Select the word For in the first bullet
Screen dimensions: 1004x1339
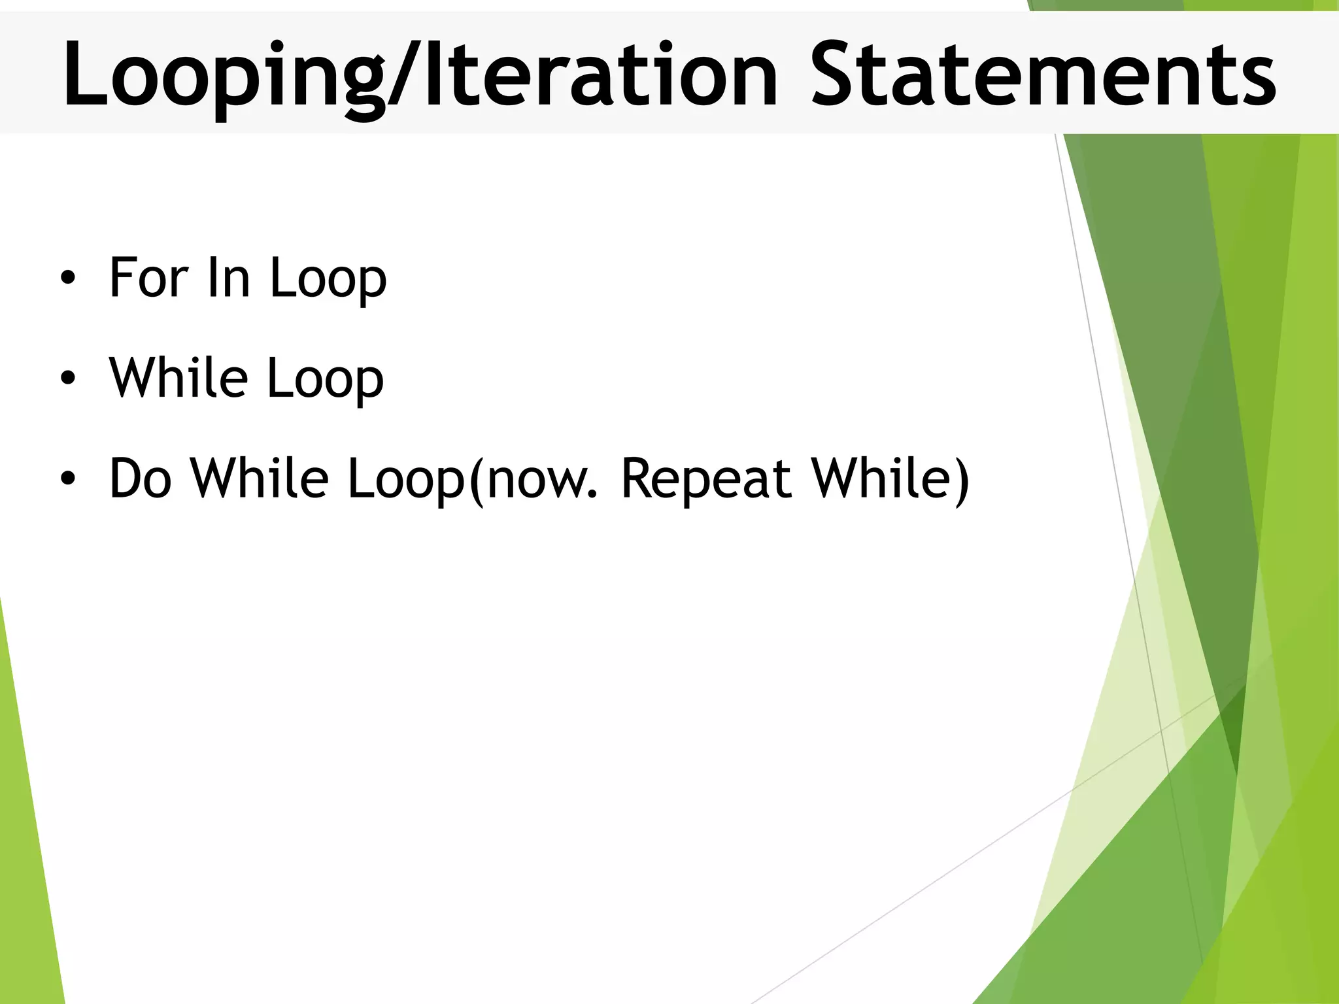[149, 277]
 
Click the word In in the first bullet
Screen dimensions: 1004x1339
[228, 277]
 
